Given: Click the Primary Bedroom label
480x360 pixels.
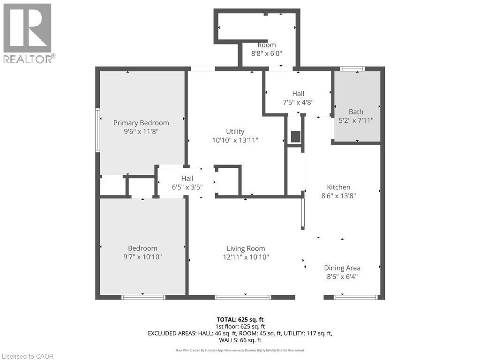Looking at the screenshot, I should [x=141, y=123].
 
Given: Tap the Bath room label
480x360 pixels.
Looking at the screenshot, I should [x=356, y=112].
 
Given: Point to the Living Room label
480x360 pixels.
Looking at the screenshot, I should [x=246, y=248].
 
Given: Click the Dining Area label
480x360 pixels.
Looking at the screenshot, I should [x=342, y=268].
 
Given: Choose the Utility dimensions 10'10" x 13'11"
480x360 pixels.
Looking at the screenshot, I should [x=235, y=140].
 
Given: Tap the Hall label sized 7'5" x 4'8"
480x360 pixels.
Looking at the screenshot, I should [x=298, y=94].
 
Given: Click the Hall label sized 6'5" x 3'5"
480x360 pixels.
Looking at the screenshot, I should [x=187, y=178].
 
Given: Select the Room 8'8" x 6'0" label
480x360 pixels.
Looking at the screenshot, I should [x=266, y=45].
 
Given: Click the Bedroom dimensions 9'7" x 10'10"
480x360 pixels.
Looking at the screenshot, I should [x=142, y=257].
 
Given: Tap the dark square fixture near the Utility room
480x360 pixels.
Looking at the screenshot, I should [x=295, y=136].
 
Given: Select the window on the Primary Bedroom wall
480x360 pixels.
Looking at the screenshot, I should [x=97, y=130].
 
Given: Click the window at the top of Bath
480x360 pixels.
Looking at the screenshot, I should [x=352, y=69].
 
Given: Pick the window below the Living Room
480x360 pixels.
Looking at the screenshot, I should [x=243, y=297].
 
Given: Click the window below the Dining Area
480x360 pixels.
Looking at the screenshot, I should [x=356, y=297].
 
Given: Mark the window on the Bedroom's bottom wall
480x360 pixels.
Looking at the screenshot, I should [x=143, y=297].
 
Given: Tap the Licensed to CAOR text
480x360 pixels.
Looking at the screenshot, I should [x=28, y=356].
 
